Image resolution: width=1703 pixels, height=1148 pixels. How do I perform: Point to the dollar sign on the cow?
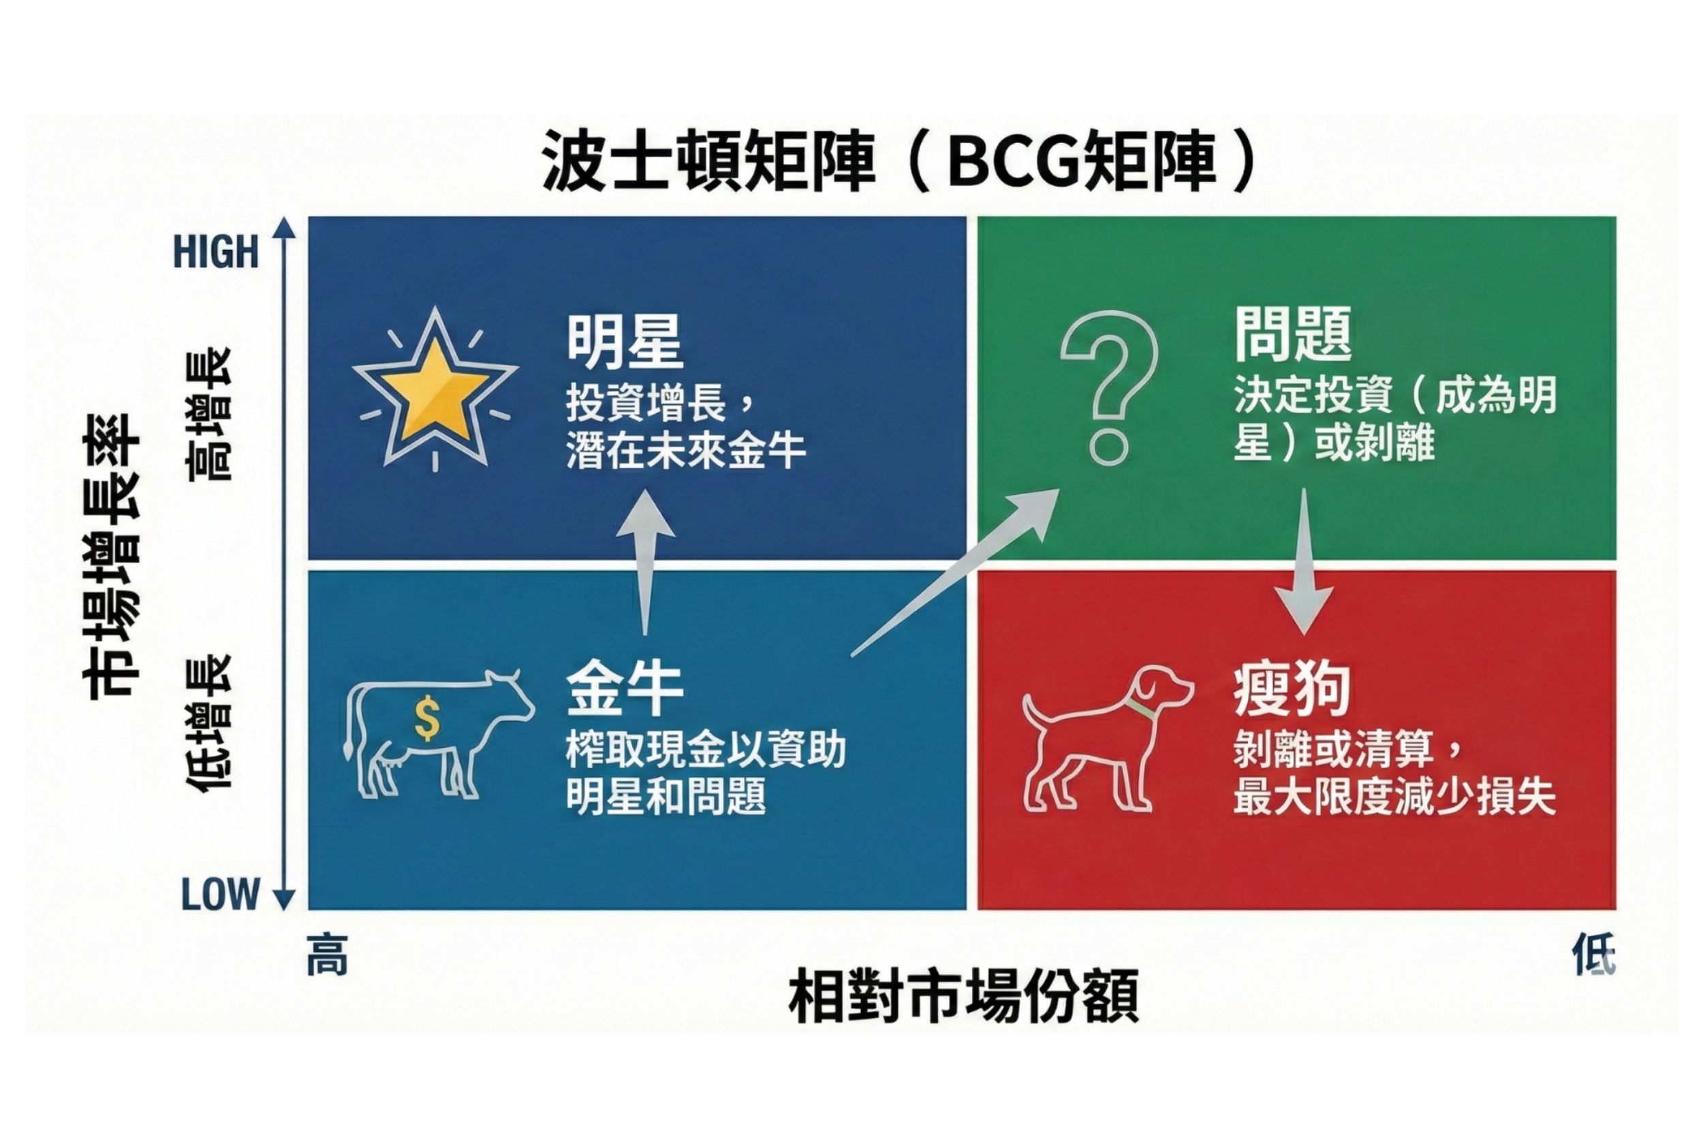tap(427, 718)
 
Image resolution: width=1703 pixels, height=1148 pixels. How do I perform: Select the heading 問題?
tap(1293, 334)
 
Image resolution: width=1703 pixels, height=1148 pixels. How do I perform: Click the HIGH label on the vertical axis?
tap(216, 252)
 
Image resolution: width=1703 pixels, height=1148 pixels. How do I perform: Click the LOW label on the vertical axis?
tap(221, 894)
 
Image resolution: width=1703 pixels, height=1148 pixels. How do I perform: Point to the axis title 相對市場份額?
tap(964, 995)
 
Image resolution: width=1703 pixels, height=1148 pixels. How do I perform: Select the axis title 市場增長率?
tap(110, 556)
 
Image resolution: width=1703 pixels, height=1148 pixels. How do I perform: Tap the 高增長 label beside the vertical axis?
tap(208, 414)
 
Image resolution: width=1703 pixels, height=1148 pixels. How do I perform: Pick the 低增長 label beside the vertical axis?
tap(208, 722)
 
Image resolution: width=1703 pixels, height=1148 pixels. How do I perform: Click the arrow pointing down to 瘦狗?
tap(1304, 562)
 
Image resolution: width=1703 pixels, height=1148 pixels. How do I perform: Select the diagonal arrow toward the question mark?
tap(955, 573)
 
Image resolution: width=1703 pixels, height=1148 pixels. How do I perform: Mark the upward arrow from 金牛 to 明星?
tap(645, 562)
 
